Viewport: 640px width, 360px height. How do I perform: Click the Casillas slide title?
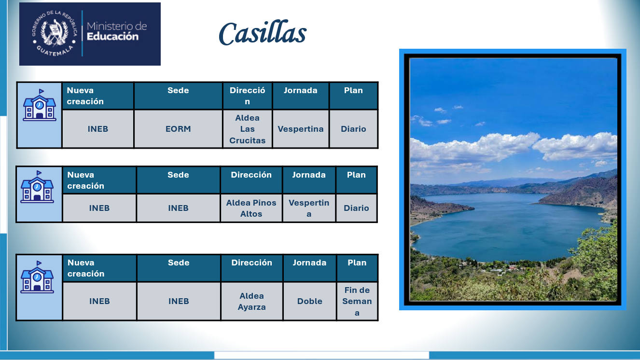[x=263, y=33]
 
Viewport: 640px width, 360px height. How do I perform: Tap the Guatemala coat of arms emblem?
[x=54, y=33]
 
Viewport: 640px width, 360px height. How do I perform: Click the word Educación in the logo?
[x=112, y=37]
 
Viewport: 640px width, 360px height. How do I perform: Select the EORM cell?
[x=178, y=129]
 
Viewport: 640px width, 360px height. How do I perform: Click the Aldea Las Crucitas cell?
[x=248, y=129]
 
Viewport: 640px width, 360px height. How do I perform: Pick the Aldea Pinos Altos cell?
[x=251, y=208]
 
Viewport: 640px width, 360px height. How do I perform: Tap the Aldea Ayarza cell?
[x=252, y=301]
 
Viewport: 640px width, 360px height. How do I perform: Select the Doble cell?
[x=310, y=301]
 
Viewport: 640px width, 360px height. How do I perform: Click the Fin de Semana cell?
[x=357, y=301]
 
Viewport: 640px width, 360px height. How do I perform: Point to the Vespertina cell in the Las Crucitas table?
[x=301, y=129]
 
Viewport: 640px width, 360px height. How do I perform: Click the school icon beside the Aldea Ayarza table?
[x=37, y=277]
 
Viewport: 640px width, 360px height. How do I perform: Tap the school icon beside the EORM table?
[x=40, y=105]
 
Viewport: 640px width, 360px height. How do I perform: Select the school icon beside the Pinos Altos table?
[x=37, y=187]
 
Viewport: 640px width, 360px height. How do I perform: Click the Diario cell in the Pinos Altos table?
[x=356, y=208]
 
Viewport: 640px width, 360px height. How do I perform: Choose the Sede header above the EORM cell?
[x=178, y=96]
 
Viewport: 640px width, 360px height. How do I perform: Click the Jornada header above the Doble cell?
[x=310, y=268]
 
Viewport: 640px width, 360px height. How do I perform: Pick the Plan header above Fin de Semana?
[x=357, y=268]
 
